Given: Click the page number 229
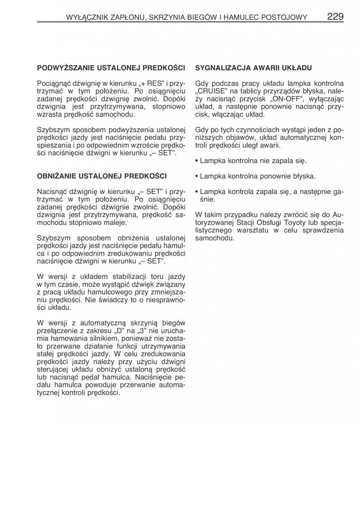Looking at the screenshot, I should [335, 17].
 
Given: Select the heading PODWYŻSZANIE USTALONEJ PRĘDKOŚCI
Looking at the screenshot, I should [111, 68].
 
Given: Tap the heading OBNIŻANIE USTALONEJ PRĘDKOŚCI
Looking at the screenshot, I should [102, 175].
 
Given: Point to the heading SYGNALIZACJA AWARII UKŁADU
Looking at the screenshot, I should [253, 68].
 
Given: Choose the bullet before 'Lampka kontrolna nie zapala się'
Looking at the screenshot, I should [196, 161].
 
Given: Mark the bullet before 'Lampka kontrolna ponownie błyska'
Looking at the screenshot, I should [196, 176].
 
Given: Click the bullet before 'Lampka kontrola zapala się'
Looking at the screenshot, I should [196, 191].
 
